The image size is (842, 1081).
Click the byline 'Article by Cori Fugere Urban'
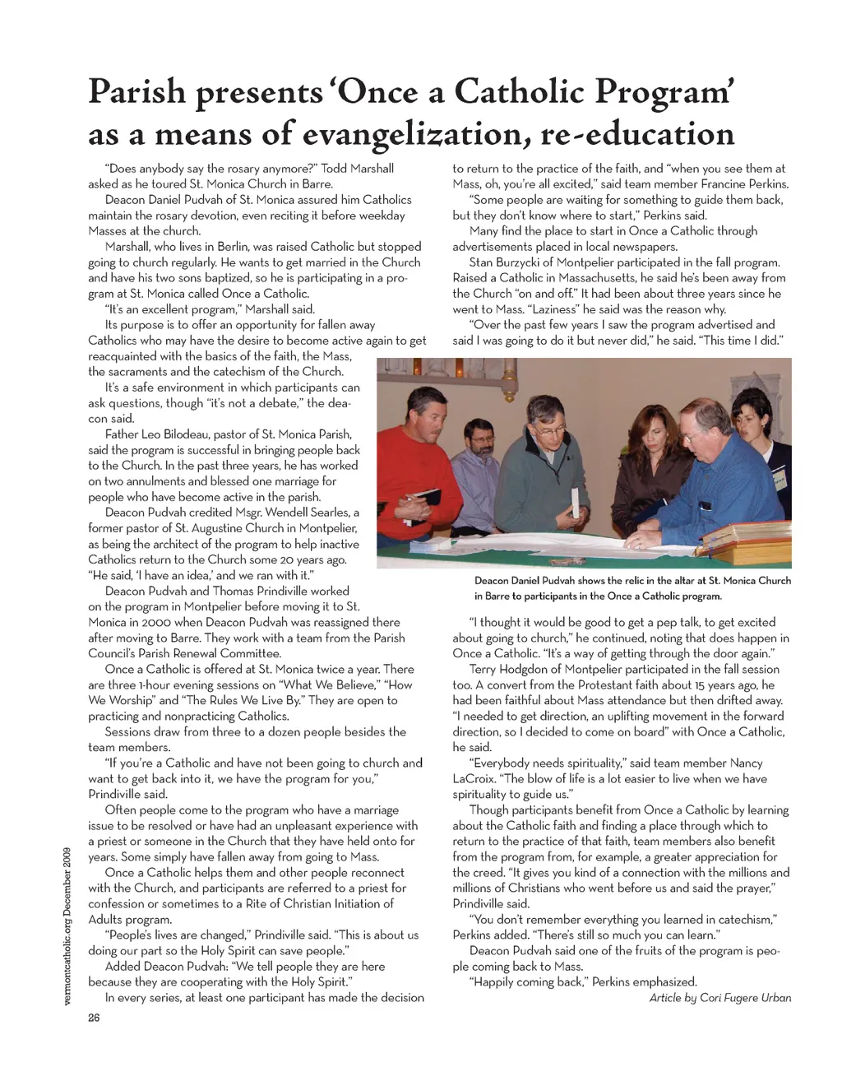pyautogui.click(x=719, y=998)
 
